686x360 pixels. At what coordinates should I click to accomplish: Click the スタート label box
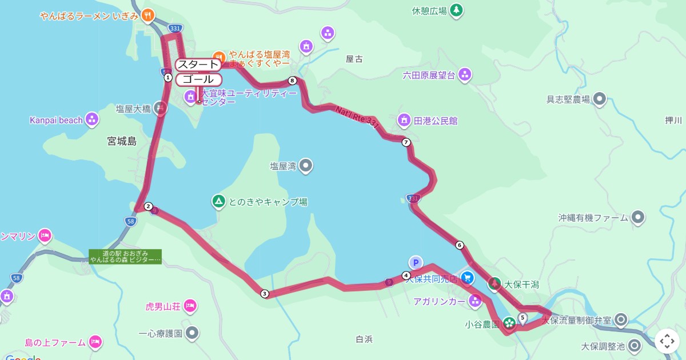pyautogui.click(x=197, y=64)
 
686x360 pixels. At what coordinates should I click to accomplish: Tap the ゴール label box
pyautogui.click(x=198, y=79)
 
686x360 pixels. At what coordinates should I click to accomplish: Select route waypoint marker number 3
pyautogui.click(x=264, y=294)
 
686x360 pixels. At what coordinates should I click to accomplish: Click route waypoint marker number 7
pyautogui.click(x=406, y=142)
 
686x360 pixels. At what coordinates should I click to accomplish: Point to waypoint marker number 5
pyautogui.click(x=523, y=317)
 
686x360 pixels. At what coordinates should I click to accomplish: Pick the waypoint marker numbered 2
pyautogui.click(x=148, y=206)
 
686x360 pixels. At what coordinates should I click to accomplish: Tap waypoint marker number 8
pyautogui.click(x=293, y=81)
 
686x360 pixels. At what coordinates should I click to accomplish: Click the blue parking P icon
pyautogui.click(x=416, y=262)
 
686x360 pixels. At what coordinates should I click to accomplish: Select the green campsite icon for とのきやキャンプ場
pyautogui.click(x=218, y=201)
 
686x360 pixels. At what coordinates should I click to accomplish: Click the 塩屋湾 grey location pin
pyautogui.click(x=306, y=166)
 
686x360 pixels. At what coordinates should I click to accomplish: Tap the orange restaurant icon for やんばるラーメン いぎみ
pyautogui.click(x=148, y=15)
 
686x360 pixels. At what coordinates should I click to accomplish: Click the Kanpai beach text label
pyautogui.click(x=56, y=120)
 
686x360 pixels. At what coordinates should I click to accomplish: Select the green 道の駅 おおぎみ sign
pyautogui.click(x=125, y=257)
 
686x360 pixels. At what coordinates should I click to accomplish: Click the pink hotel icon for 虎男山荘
pyautogui.click(x=190, y=306)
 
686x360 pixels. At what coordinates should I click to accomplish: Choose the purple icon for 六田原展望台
pyautogui.click(x=465, y=74)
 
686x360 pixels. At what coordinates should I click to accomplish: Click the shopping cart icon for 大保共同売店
pyautogui.click(x=468, y=278)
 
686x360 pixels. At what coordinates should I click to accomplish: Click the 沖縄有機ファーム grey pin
pyautogui.click(x=638, y=217)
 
